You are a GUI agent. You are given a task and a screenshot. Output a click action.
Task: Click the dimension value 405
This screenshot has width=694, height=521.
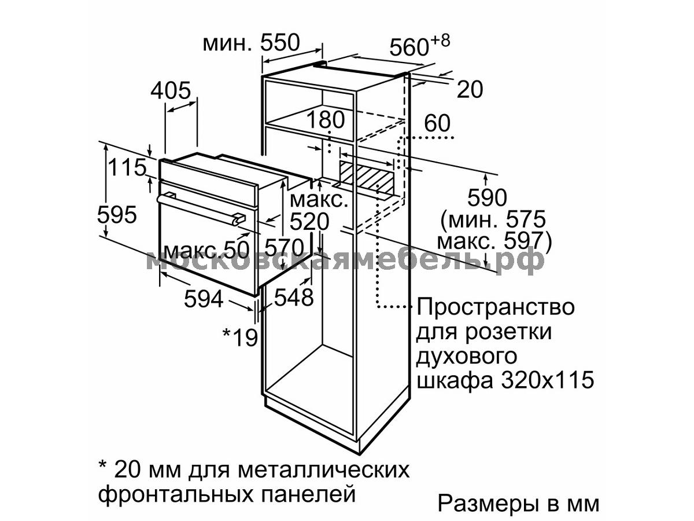171,90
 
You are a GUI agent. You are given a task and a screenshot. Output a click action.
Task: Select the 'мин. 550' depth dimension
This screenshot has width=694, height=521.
251,43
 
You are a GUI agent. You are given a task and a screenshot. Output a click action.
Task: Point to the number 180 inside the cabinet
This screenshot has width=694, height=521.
326,120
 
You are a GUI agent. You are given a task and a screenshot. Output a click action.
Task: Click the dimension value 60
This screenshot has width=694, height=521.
437,123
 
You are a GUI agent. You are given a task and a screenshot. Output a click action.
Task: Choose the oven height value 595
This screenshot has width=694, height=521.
117,214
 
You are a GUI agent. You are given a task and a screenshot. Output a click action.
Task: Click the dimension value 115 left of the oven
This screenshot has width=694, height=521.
127,167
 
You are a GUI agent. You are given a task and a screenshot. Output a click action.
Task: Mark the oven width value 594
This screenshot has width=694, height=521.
204,299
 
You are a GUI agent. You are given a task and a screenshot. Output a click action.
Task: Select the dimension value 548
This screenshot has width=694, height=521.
294,298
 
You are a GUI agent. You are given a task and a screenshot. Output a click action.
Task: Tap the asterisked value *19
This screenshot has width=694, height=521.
240,337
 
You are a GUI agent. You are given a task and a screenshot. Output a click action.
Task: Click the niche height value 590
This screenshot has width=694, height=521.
487,198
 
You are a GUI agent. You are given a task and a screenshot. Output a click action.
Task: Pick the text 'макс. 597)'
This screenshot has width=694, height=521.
494,242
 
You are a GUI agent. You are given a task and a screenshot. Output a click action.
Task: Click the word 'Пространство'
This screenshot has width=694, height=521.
496,307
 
